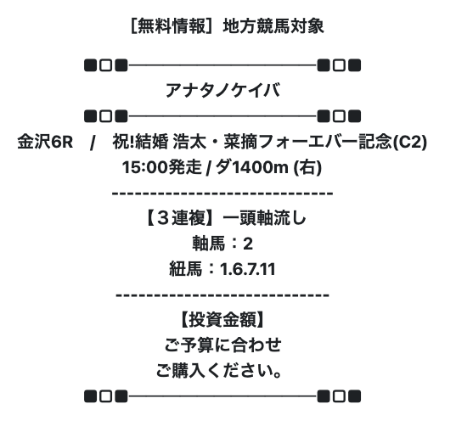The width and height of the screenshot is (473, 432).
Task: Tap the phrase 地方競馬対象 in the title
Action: pyautogui.click(x=273, y=26)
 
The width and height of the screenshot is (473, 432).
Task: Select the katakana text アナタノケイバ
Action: pyautogui.click(x=222, y=91)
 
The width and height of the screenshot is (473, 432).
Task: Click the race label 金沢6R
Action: pyautogui.click(x=45, y=142)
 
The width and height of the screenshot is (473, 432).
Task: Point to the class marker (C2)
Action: pyautogui.click(x=409, y=142)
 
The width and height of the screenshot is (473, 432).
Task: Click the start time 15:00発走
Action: pyautogui.click(x=161, y=167)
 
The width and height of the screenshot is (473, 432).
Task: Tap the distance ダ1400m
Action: pyautogui.click(x=252, y=167)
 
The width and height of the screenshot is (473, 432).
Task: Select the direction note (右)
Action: pyautogui.click(x=307, y=167)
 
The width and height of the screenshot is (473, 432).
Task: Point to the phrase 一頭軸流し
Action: pyautogui.click(x=264, y=217)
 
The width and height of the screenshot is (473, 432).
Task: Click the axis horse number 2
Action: pyautogui.click(x=248, y=244)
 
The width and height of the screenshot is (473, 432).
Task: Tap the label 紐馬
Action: pyautogui.click(x=185, y=269)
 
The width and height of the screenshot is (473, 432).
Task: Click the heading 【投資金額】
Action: pyautogui.click(x=222, y=320)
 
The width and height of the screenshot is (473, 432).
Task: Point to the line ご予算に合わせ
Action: pyautogui.click(x=222, y=345)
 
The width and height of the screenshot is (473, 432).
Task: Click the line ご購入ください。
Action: pyautogui.click(x=219, y=371)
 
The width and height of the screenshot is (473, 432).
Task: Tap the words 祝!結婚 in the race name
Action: pyautogui.click(x=140, y=142)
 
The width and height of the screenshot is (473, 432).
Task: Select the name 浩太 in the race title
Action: pyautogui.click(x=189, y=142)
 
